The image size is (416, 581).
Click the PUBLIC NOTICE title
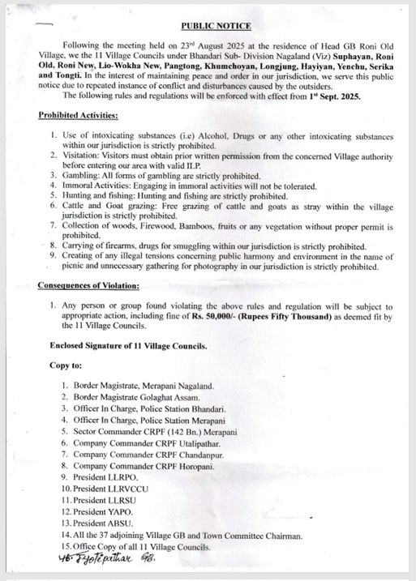click(217, 27)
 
